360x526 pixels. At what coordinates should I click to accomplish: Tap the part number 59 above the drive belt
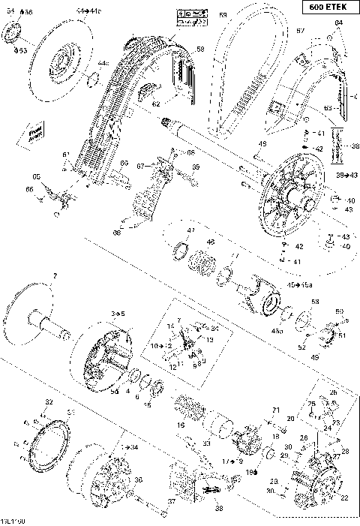pyautogui.click(x=223, y=15)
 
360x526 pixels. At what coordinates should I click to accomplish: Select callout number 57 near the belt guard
pyautogui.click(x=300, y=31)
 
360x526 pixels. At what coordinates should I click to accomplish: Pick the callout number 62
pyautogui.click(x=155, y=104)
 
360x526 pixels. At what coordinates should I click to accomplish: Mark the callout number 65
pyautogui.click(x=36, y=176)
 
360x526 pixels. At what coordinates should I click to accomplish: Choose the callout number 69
pyautogui.click(x=196, y=167)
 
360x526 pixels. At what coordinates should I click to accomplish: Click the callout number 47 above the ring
pyautogui.click(x=190, y=230)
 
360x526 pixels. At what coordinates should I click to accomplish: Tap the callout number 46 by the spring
pyautogui.click(x=211, y=242)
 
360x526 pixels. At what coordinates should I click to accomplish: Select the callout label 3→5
pyautogui.click(x=118, y=312)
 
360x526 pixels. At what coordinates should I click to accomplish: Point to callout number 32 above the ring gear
pyautogui.click(x=49, y=403)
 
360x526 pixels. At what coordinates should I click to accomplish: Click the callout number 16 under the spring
pyautogui.click(x=181, y=425)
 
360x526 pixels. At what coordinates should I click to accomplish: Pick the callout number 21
pyautogui.click(x=275, y=410)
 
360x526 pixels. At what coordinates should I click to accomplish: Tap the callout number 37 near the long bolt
pyautogui.click(x=171, y=502)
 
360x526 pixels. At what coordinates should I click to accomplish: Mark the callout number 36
pyautogui.click(x=138, y=481)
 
